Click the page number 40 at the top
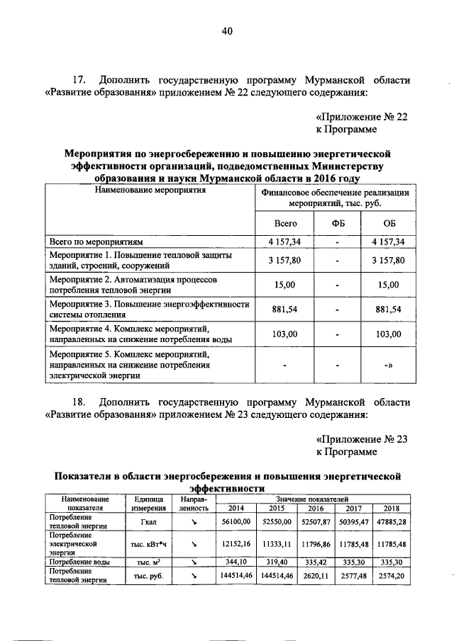227,31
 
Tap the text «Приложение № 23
362,438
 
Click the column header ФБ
338,223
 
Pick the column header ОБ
389,223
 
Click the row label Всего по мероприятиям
96,242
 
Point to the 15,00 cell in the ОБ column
389,285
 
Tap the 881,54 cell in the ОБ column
389,310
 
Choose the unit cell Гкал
148,523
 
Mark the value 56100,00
234,523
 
